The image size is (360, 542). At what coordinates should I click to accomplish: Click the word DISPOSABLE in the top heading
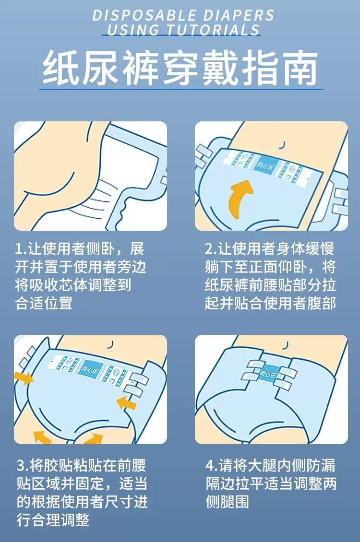pos(144,15)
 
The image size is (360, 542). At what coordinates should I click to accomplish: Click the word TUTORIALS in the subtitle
pos(213,30)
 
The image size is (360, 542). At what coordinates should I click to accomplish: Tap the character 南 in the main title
pos(299,68)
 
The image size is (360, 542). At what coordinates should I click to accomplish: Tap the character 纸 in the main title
pos(60,68)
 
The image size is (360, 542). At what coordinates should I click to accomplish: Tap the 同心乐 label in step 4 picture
pos(268,373)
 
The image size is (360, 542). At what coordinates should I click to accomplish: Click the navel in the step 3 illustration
pos(111,344)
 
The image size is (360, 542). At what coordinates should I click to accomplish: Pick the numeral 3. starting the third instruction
pos(23,466)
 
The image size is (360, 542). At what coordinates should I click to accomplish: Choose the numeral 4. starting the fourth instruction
pos(212,466)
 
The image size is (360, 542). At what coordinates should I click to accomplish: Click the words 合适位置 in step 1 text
pos(44,303)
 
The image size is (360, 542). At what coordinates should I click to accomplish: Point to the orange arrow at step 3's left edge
pos(23,378)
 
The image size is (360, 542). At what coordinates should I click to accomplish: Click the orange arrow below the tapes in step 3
pos(126,403)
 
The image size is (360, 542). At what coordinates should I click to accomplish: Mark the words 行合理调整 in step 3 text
pos(53,520)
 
